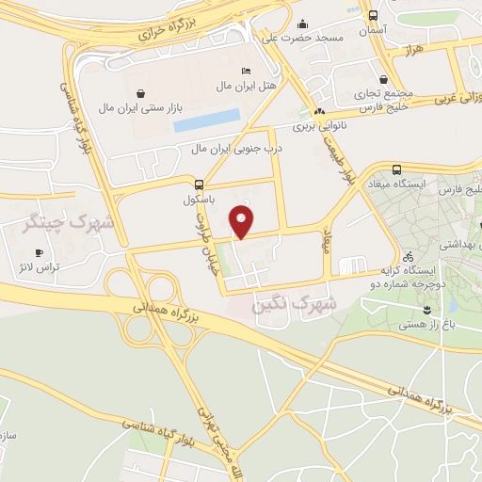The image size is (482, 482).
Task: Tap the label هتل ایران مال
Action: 223,86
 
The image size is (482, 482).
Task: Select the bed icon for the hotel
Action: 246,72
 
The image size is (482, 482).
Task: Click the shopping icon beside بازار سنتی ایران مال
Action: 140,93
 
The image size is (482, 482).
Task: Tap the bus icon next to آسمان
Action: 374,16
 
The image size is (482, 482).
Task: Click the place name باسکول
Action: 199,201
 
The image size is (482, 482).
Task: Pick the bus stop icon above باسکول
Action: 199,185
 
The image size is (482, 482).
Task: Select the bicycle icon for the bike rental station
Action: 408,255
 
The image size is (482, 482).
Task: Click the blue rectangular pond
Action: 206,120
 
